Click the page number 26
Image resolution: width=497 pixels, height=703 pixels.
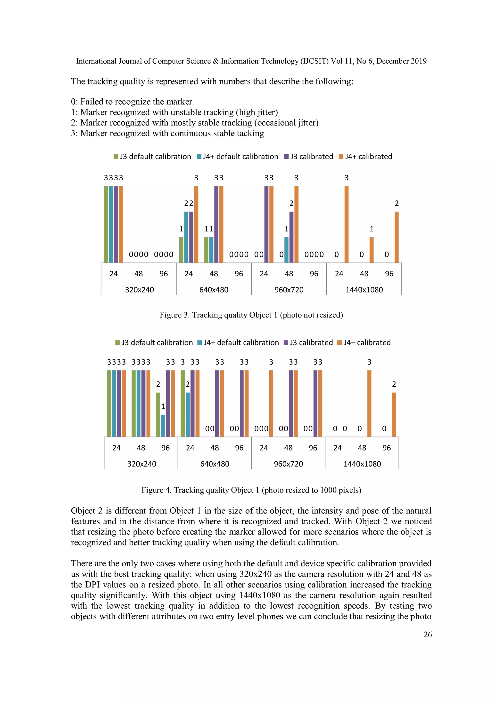428,635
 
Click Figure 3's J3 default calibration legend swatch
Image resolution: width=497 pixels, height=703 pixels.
116,157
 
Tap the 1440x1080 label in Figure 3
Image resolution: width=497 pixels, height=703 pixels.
364,290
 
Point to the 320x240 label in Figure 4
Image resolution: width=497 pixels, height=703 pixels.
142,464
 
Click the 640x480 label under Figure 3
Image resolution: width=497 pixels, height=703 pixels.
214,290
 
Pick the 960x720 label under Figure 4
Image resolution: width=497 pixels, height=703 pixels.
288,464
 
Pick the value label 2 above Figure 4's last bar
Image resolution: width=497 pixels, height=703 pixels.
394,384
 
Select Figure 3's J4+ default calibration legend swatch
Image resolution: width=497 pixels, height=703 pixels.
199,157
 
